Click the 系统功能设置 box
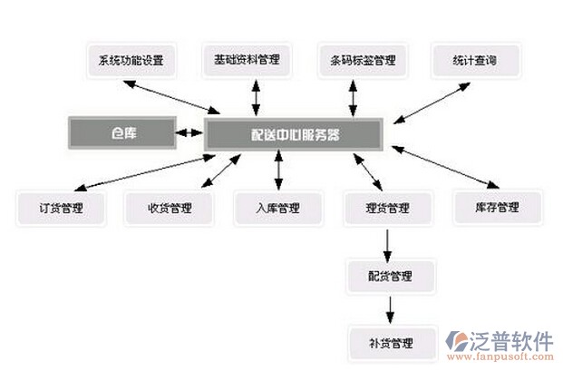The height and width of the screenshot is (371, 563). pyautogui.click(x=131, y=61)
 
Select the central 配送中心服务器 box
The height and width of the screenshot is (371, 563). pyautogui.click(x=295, y=134)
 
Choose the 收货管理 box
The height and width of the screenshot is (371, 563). pyautogui.click(x=170, y=208)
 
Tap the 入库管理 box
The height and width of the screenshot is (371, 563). pyautogui.click(x=277, y=208)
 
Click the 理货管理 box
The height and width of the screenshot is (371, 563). pyautogui.click(x=388, y=208)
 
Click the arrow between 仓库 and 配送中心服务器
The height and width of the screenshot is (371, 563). pyautogui.click(x=189, y=133)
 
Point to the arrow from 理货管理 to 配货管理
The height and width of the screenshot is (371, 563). pyautogui.click(x=389, y=241)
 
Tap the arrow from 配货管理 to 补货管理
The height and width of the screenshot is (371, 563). pyautogui.click(x=390, y=308)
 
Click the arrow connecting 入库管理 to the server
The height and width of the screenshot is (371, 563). pyautogui.click(x=277, y=171)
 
